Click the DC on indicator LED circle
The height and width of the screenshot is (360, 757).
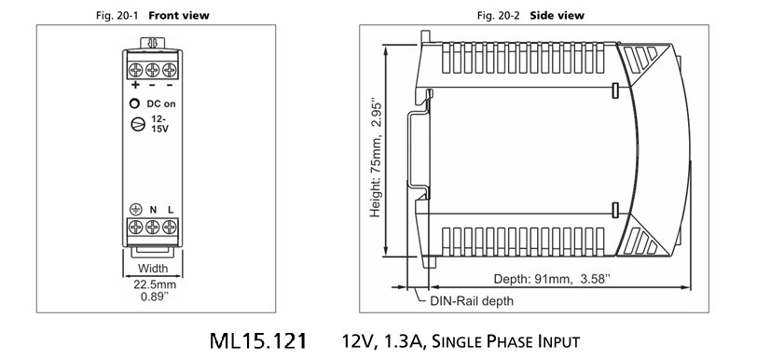[x=135, y=104]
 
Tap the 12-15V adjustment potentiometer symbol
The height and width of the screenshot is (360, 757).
[x=138, y=124]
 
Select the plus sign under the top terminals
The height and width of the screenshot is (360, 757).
[x=136, y=85]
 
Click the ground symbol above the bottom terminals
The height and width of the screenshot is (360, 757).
[x=136, y=209]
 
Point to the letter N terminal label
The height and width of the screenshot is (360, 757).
[x=153, y=210]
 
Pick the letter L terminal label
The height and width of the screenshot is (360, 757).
[x=171, y=210]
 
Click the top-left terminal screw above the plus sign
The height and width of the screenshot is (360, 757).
[x=136, y=70]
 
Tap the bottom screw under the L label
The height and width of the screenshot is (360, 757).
[x=169, y=227]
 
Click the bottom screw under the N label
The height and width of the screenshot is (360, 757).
[x=153, y=227]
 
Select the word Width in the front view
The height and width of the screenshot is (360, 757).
[x=153, y=269]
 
